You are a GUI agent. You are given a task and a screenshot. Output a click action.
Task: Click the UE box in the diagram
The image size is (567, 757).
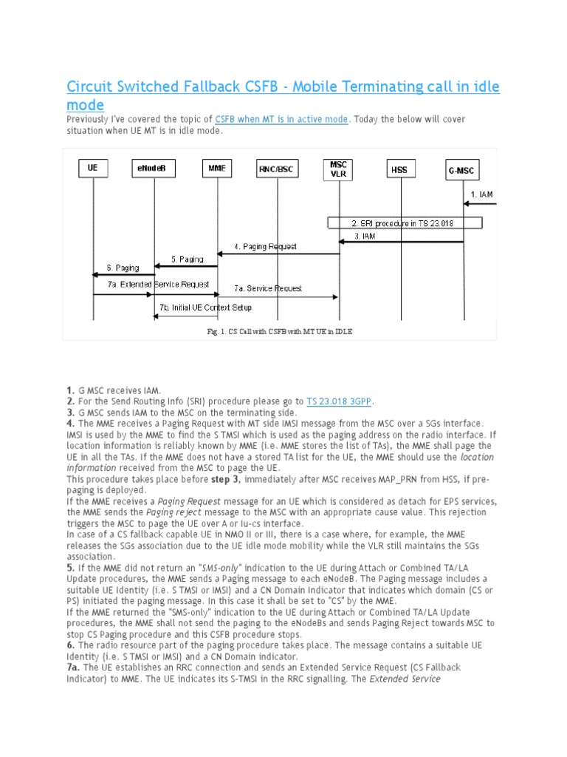(x=93, y=169)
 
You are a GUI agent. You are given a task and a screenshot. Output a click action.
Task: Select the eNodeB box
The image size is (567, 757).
(x=154, y=169)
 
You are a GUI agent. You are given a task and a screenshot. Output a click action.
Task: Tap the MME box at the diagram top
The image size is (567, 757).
(x=217, y=169)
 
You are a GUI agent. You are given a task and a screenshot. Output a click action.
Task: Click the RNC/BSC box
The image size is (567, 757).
(x=277, y=169)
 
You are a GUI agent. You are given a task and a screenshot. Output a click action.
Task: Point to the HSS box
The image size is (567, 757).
(x=399, y=169)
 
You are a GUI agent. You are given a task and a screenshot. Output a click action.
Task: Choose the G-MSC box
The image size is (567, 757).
(x=463, y=169)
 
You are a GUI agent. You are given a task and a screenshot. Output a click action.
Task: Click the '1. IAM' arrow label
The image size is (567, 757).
(x=481, y=195)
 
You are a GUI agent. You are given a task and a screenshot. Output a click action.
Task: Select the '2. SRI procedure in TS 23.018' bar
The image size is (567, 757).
(x=405, y=223)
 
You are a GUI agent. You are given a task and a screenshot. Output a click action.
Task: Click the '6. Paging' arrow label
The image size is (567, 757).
(x=123, y=268)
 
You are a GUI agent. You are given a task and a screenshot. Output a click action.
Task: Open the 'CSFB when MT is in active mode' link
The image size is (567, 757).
(x=281, y=120)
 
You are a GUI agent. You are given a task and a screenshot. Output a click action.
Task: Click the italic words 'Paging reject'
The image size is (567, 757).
(x=170, y=512)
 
